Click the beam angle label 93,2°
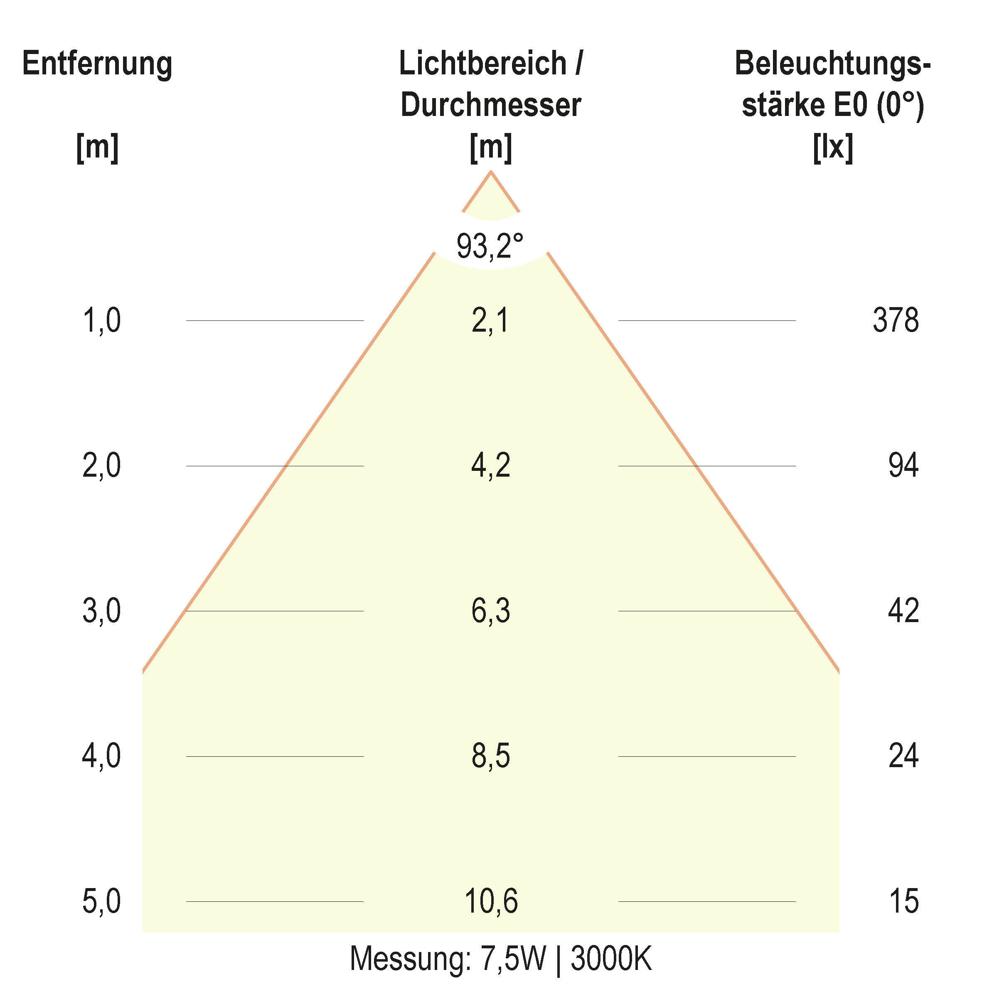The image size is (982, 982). pos(490,246)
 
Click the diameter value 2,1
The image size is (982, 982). pos(490,321)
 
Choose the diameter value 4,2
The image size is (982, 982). pos(490,465)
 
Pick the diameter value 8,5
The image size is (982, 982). pos(490,756)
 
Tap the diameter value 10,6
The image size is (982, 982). pos(490,901)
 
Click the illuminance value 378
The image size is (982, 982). pos(895,321)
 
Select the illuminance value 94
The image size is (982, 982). pos(903,465)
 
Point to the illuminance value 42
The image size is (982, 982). pos(903,611)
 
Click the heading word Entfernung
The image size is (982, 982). pos(97,64)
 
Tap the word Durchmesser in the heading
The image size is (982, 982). pos(490,105)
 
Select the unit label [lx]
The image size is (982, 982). pos(832,148)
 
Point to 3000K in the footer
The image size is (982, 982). pos(610,959)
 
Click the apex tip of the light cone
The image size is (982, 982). pos(490,172)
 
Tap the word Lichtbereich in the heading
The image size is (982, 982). pos(482,64)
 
